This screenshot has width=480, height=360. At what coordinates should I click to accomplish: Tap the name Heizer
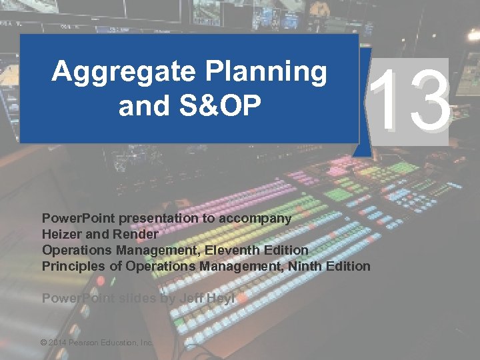click(62, 234)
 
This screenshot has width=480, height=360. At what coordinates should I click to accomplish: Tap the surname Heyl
click(221, 298)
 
